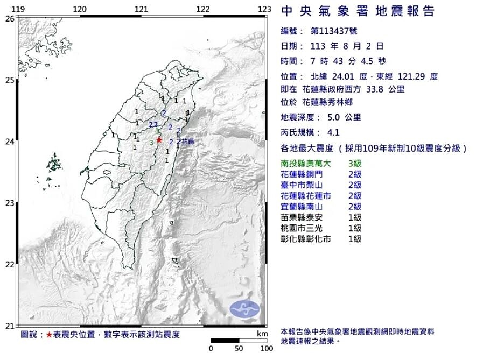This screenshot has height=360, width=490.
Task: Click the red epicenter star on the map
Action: tap(159, 140)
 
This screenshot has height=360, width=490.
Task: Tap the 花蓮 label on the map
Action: tap(187, 142)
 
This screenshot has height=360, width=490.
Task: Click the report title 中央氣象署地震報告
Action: tap(358, 11)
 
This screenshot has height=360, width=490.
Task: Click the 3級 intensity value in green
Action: tap(355, 163)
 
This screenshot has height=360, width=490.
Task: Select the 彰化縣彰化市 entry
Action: tap(306, 239)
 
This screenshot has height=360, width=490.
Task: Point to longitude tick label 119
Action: tap(18, 9)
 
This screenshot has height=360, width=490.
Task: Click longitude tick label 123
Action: tap(264, 9)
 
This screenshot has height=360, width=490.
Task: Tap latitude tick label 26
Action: tap(9, 18)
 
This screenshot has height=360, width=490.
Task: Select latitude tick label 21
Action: tap(9, 326)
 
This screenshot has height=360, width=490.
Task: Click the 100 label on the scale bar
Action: tap(266, 349)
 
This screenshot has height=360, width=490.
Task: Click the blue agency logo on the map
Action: tap(245, 309)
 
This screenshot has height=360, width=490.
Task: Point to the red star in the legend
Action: tap(49, 335)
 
